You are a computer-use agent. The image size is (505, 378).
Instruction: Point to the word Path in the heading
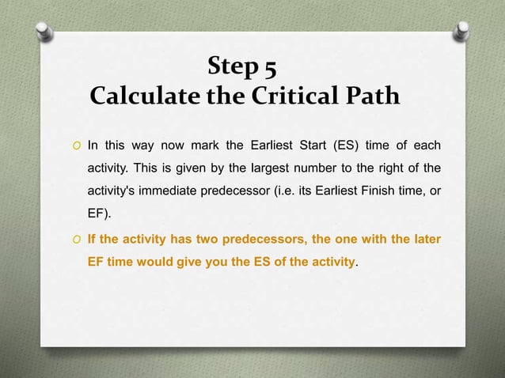tap(372, 96)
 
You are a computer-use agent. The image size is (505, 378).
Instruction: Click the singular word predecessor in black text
tap(234, 191)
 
